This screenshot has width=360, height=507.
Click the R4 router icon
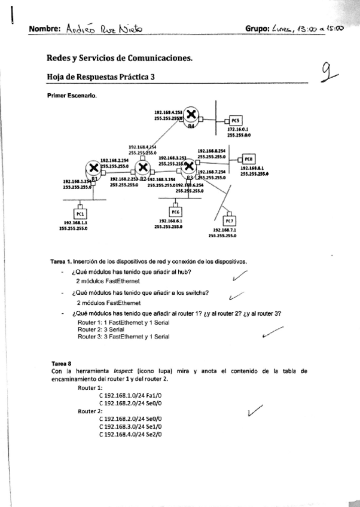[191, 114]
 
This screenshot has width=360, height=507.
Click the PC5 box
[235, 119]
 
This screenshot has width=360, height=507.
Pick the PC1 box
[80, 213]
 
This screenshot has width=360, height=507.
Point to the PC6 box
[175, 211]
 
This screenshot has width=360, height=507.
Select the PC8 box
[248, 158]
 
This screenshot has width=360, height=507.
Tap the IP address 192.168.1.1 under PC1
[80, 222]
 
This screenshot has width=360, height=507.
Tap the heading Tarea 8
[62, 363]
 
